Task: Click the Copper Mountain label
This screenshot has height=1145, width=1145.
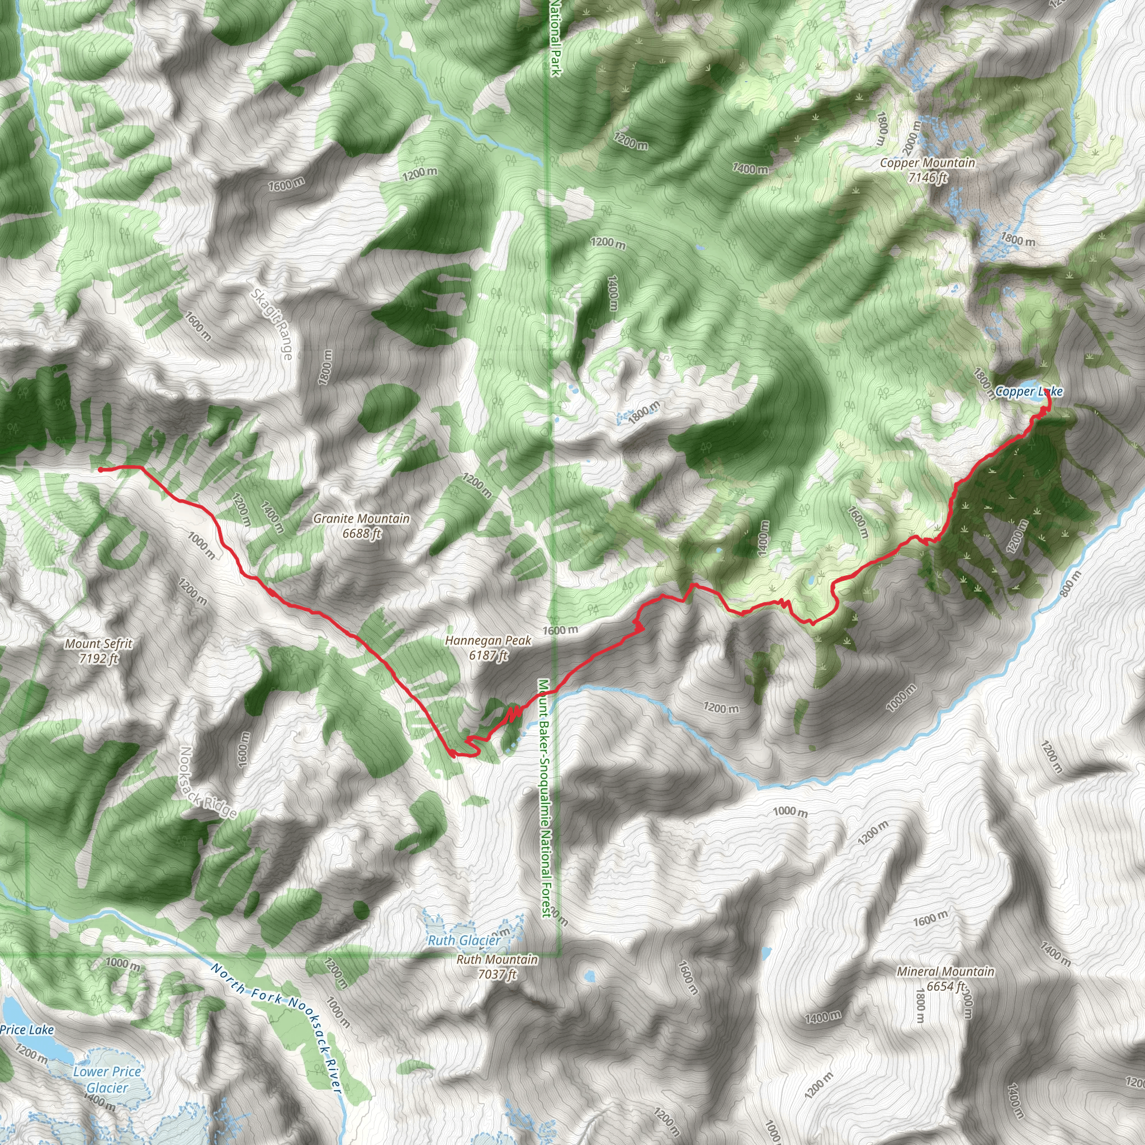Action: (927, 162)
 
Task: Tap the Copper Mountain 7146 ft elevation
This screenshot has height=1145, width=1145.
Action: (928, 177)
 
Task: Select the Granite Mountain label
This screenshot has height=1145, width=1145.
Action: (362, 519)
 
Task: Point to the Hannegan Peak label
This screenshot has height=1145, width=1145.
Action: (488, 641)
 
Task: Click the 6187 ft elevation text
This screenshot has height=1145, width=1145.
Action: (488, 655)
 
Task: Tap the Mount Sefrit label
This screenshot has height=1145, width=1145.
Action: (99, 644)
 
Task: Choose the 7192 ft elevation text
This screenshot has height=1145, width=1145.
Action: (99, 658)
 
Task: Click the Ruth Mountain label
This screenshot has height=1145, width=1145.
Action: (497, 959)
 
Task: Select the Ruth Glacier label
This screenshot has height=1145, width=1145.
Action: (464, 940)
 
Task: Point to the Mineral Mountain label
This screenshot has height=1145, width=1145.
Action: (945, 971)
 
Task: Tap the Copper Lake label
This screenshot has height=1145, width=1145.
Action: (1029, 391)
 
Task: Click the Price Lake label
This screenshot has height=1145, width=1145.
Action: (27, 1029)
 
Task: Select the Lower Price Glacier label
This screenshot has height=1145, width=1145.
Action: (107, 1079)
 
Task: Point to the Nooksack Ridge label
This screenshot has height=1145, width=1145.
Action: (208, 783)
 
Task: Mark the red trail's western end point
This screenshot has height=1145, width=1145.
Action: (100, 470)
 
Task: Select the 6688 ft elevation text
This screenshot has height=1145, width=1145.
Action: (362, 533)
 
